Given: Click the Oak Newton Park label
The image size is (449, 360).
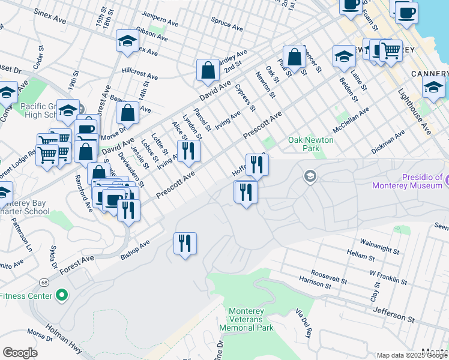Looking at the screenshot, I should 310,143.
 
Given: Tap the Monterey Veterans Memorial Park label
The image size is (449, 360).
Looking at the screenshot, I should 251,319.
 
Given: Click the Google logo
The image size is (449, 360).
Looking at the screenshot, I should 20,353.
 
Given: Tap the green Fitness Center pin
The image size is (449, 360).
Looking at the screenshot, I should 61,295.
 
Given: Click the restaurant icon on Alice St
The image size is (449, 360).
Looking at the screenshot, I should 189,151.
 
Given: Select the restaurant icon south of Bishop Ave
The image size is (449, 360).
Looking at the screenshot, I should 184,244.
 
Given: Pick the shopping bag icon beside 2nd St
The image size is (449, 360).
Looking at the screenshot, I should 208,70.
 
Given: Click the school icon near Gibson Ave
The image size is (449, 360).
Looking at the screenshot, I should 127,41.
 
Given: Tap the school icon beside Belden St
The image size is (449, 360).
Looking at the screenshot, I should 343,56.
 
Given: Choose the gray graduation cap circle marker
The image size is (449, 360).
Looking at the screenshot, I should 310,176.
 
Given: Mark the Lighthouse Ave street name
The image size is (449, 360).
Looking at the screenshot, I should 415,110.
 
